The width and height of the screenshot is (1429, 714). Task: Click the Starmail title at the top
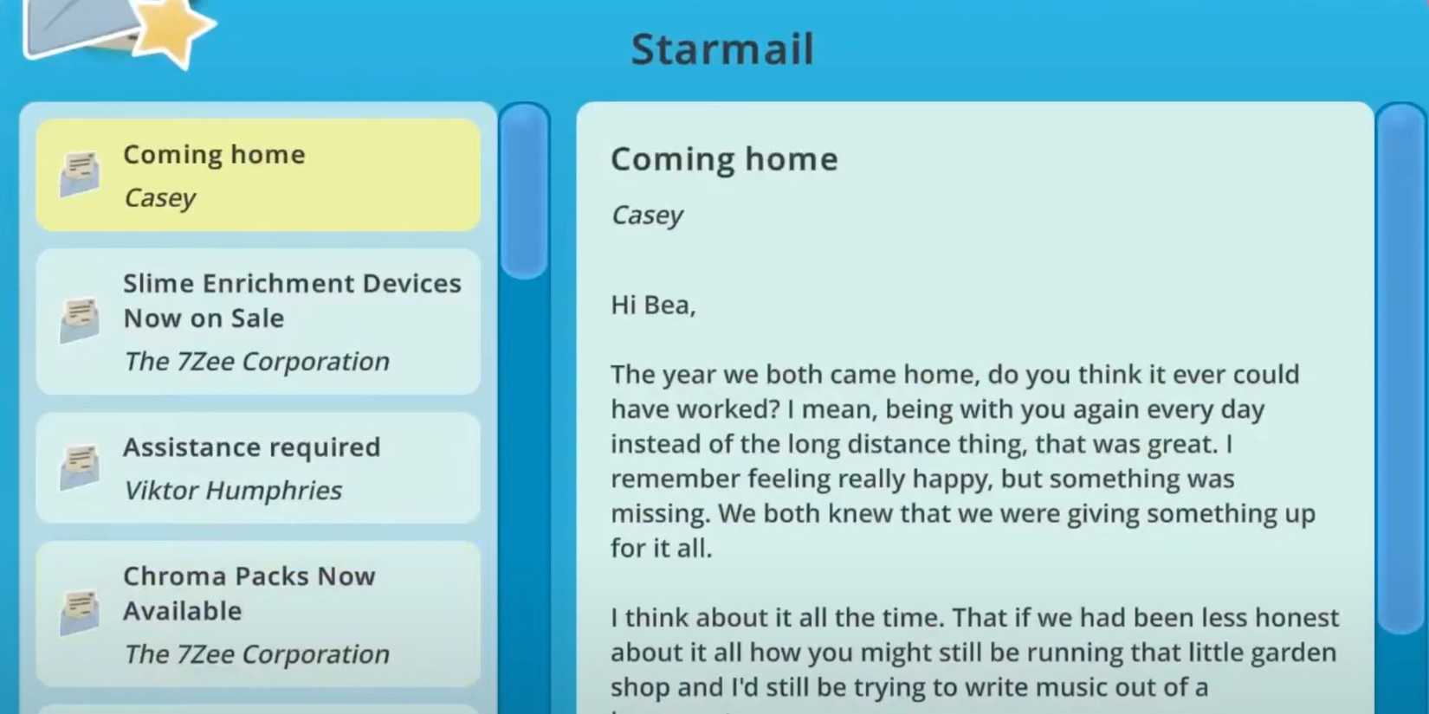721,48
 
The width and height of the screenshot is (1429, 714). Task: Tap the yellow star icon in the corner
172,30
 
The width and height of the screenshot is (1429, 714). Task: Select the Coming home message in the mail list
258,175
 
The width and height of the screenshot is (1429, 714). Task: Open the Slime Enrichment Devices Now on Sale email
258,321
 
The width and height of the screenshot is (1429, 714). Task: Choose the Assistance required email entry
258,467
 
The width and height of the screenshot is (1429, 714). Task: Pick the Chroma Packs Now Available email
258,614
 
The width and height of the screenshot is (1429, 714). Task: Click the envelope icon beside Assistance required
80,467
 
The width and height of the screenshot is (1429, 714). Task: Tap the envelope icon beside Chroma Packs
80,613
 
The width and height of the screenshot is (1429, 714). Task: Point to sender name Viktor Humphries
233,491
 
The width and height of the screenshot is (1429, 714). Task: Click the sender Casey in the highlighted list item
160,198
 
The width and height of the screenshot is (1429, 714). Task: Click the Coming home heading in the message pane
724,159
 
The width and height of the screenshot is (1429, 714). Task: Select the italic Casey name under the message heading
647,215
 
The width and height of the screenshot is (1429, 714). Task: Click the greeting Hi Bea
653,305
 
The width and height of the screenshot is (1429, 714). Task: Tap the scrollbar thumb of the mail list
524,190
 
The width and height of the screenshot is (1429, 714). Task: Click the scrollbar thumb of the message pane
1401,368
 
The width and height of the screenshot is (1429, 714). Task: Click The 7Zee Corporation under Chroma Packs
256,654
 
